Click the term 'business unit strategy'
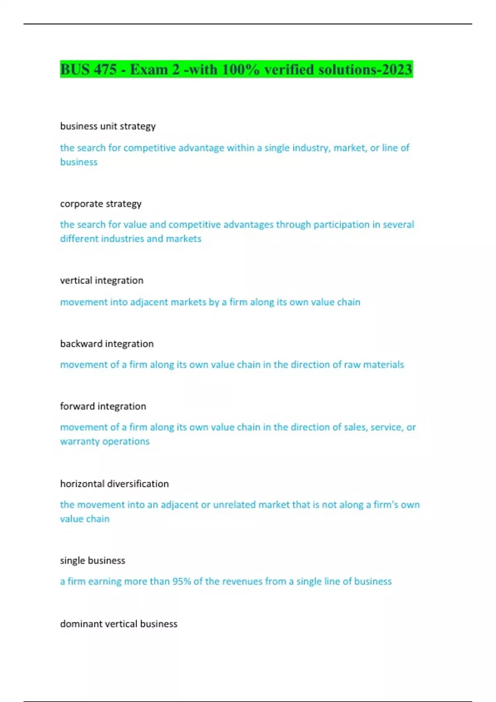click(108, 126)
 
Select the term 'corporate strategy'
click(101, 204)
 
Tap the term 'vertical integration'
click(102, 281)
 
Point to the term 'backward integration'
click(107, 344)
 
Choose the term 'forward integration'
click(103, 406)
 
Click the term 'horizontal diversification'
click(114, 484)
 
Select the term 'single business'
click(93, 561)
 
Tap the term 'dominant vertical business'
click(119, 624)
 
